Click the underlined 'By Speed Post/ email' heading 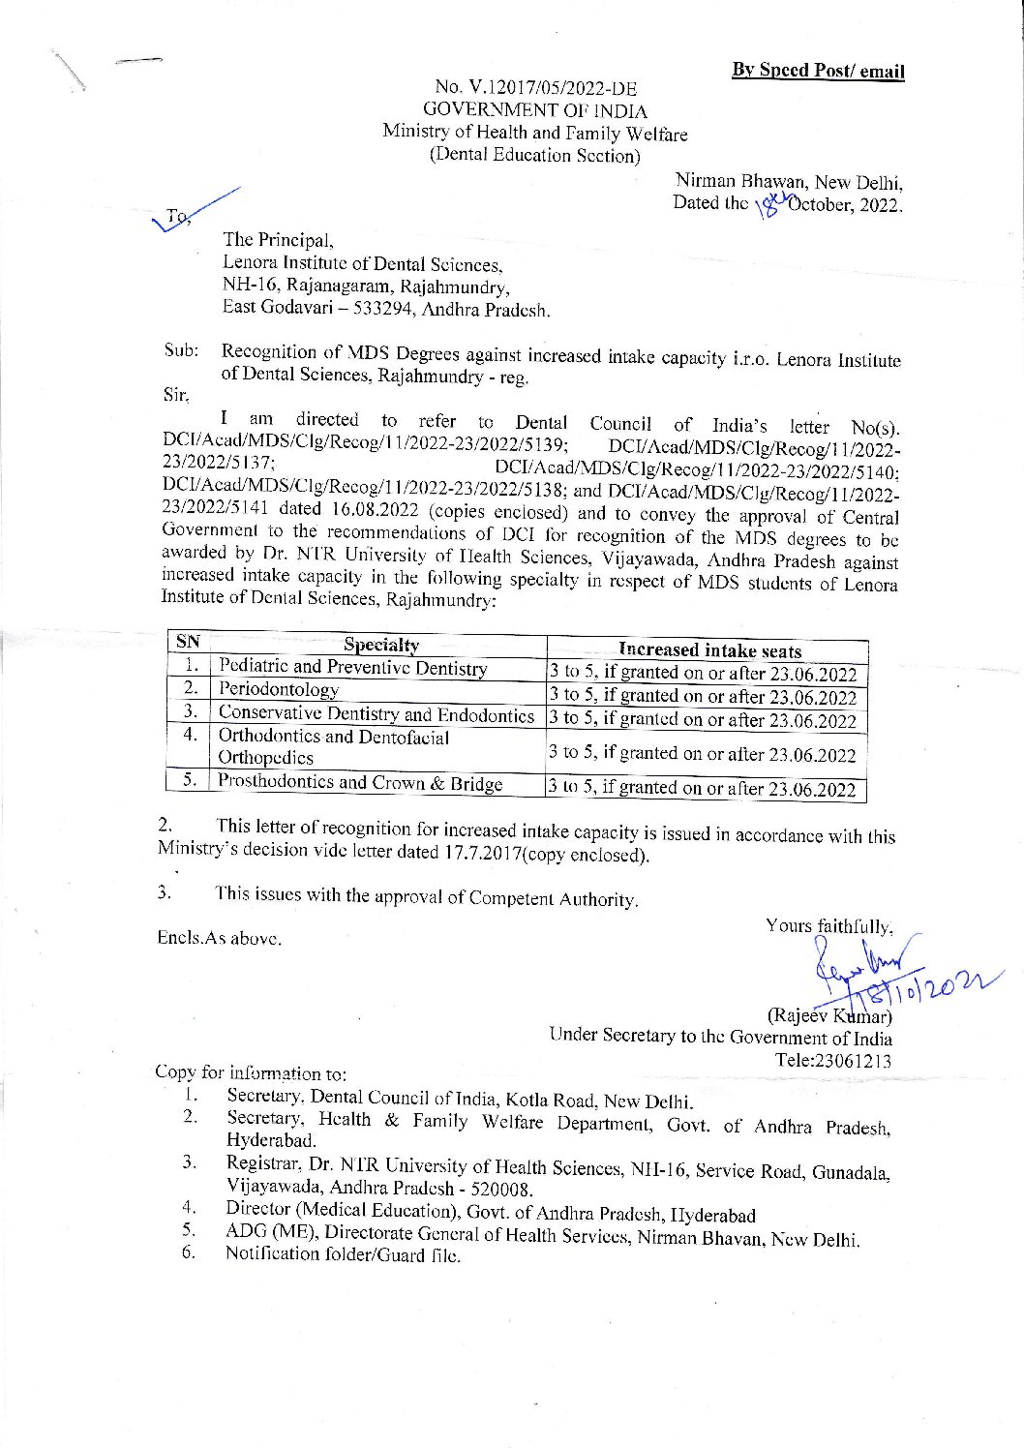coord(818,70)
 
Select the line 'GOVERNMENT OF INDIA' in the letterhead coord(535,111)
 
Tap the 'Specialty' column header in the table coord(381,646)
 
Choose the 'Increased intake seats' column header coord(709,650)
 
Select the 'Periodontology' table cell coord(279,689)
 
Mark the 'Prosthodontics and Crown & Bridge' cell coord(360,782)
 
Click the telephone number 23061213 coord(834,1061)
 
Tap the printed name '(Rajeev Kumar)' coord(829,1016)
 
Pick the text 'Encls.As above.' coord(220,938)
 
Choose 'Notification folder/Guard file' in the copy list coord(343,1254)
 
